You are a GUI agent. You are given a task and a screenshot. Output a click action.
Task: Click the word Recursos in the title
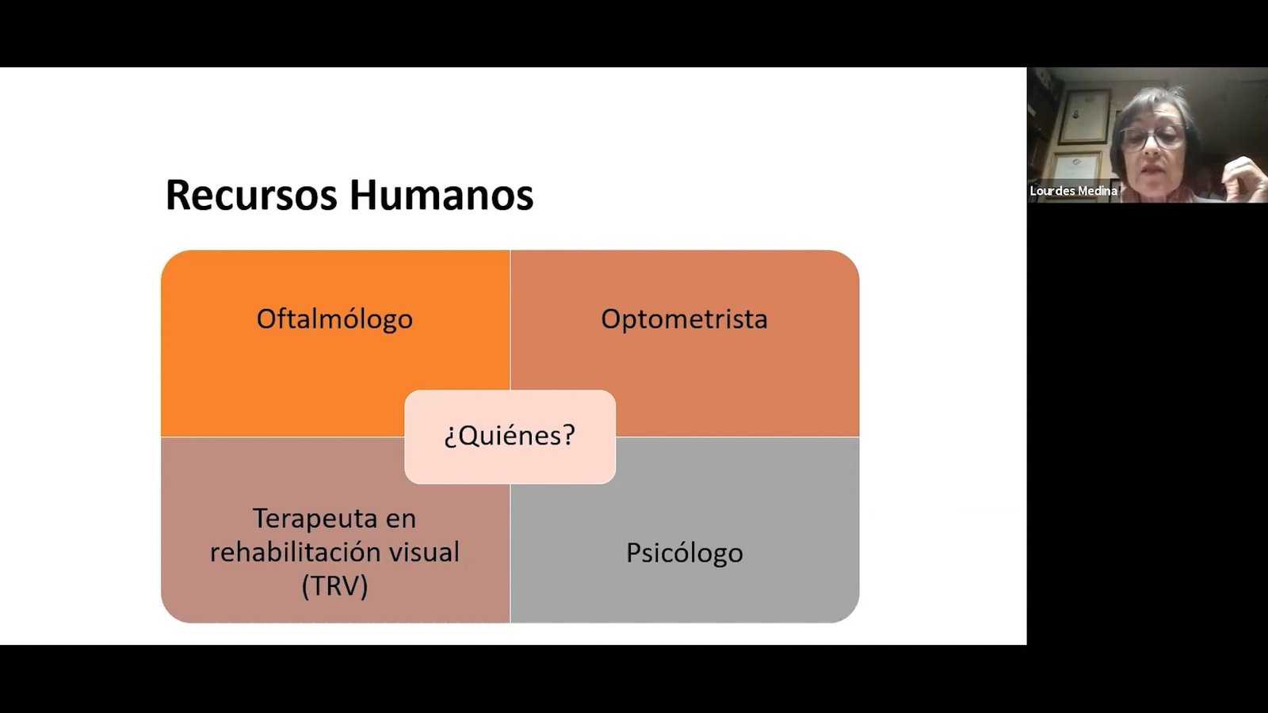[251, 195]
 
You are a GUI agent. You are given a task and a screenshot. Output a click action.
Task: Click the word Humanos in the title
[441, 195]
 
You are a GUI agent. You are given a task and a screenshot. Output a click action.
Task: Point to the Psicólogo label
[685, 553]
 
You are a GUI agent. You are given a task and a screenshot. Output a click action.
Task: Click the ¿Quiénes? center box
[510, 437]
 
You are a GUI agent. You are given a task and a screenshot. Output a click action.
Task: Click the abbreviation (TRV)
[334, 585]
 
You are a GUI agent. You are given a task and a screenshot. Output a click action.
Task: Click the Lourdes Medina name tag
[1073, 191]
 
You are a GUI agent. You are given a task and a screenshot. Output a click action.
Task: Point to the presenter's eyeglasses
[1152, 138]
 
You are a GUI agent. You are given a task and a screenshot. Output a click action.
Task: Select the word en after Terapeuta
[400, 519]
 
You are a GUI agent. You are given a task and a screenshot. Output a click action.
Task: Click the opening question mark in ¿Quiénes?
[450, 437]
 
